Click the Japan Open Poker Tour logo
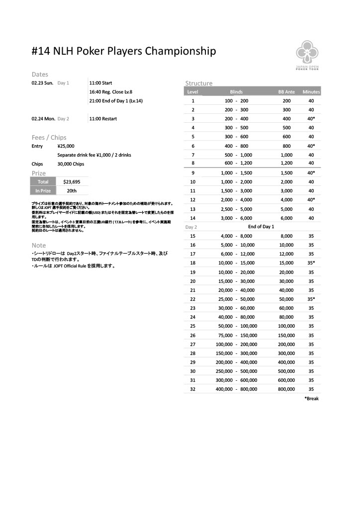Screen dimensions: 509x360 (x=308, y=56)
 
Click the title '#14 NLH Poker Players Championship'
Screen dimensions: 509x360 (x=123, y=51)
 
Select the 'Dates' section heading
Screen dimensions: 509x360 (x=40, y=75)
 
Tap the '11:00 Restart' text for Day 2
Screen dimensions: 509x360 (x=103, y=119)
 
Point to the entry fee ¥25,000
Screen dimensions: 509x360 (x=66, y=146)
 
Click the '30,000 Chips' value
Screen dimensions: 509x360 (x=71, y=164)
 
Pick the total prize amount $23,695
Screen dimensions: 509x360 (x=72, y=182)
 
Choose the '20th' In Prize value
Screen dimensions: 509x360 (x=72, y=191)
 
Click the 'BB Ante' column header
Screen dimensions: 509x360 (x=286, y=92)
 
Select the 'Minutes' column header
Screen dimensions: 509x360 (x=311, y=92)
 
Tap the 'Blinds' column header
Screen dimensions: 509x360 (x=236, y=92)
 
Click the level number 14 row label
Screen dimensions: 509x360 (x=192, y=218)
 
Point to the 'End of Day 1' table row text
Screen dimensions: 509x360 (x=261, y=227)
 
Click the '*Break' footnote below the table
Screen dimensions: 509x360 (x=311, y=399)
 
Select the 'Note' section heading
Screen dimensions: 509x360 (x=38, y=246)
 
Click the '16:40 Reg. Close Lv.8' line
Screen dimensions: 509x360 (x=111, y=92)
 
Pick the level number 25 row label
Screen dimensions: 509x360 (x=192, y=326)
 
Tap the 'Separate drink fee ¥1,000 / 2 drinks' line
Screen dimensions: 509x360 (x=94, y=155)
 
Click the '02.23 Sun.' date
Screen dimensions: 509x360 (x=42, y=83)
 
